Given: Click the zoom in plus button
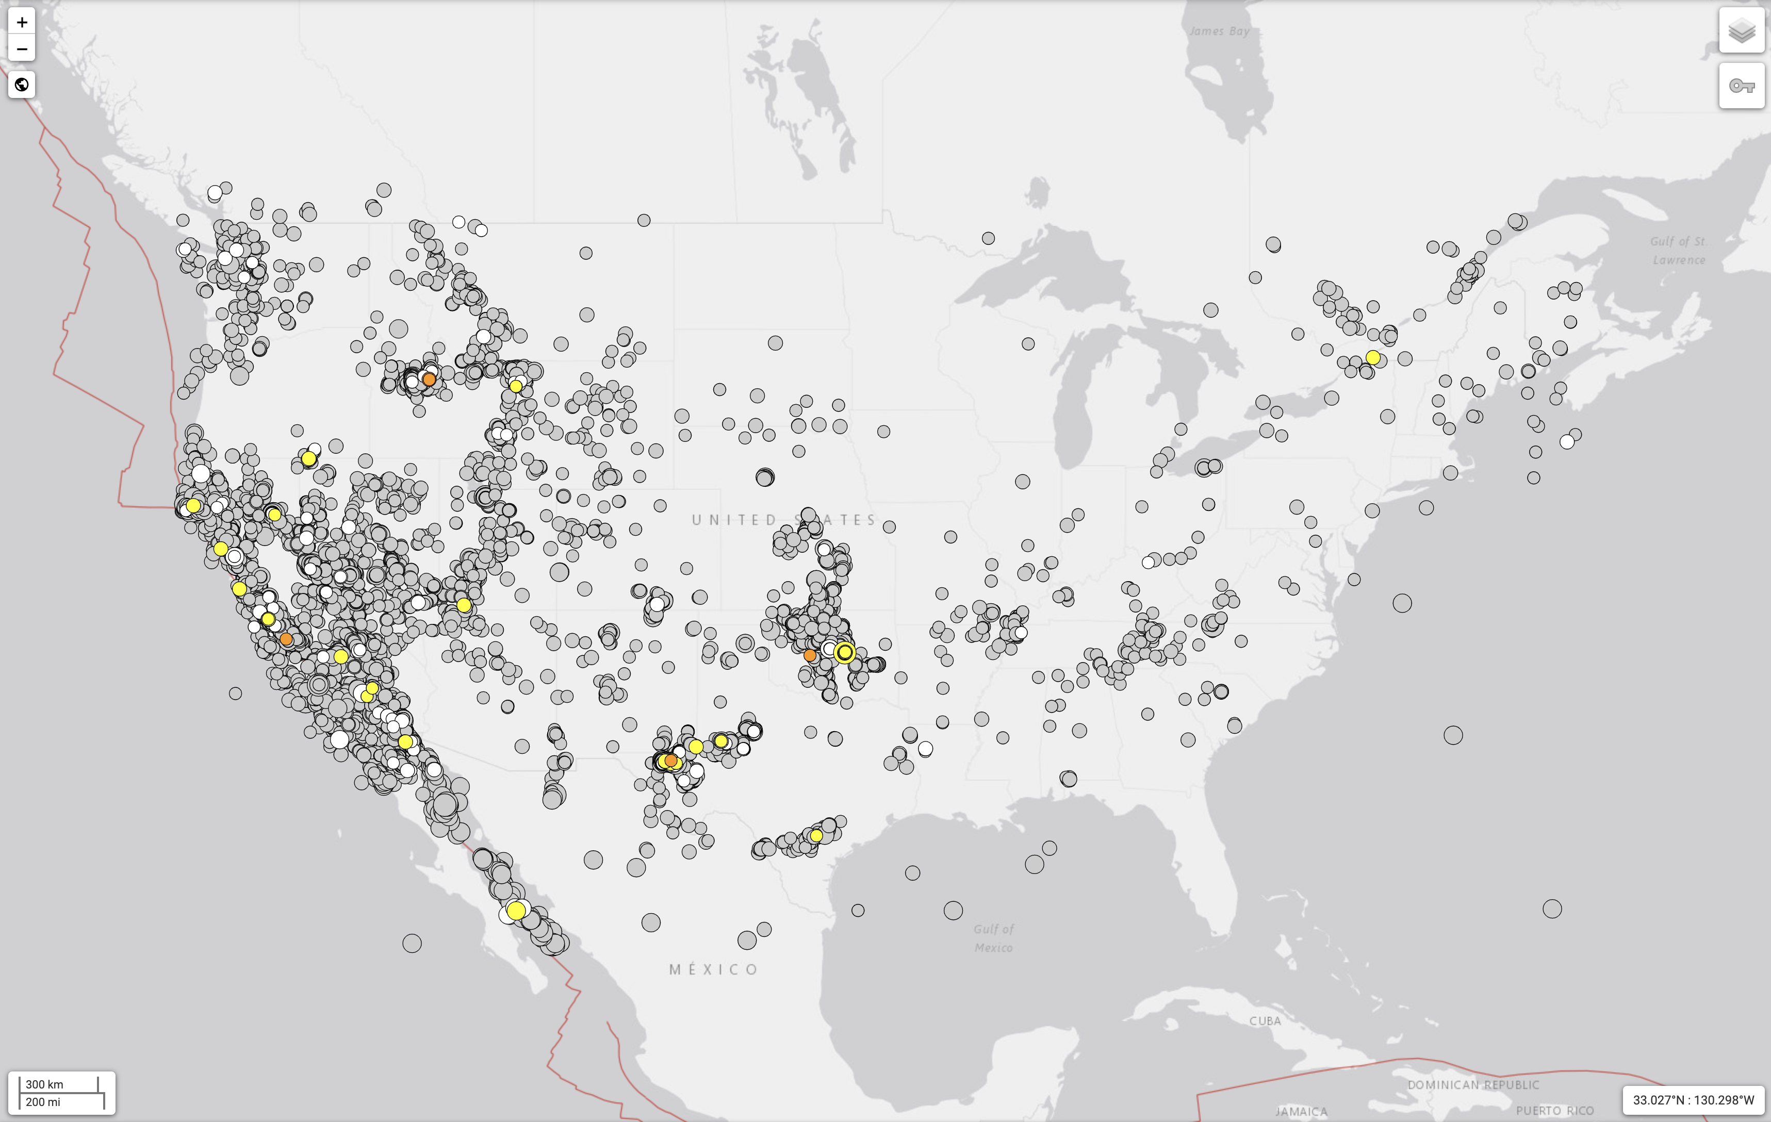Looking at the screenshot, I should (x=22, y=22).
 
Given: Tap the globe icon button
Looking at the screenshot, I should (x=22, y=85).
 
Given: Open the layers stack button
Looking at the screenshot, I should (x=1741, y=31).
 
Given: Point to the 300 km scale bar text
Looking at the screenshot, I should (x=45, y=1084).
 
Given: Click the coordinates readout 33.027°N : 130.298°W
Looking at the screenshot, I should (x=1693, y=1100).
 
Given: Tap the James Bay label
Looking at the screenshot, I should (x=1219, y=31).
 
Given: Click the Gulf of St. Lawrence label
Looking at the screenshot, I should (x=1678, y=250).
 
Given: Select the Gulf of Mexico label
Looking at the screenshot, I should (x=994, y=938).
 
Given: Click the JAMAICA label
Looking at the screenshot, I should (x=1301, y=1112).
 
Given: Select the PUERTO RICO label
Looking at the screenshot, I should (x=1555, y=1110).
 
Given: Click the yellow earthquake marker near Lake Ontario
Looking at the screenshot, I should (x=1372, y=357).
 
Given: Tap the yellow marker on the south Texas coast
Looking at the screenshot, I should (x=816, y=836).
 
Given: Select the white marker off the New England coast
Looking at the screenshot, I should (x=1567, y=442).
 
